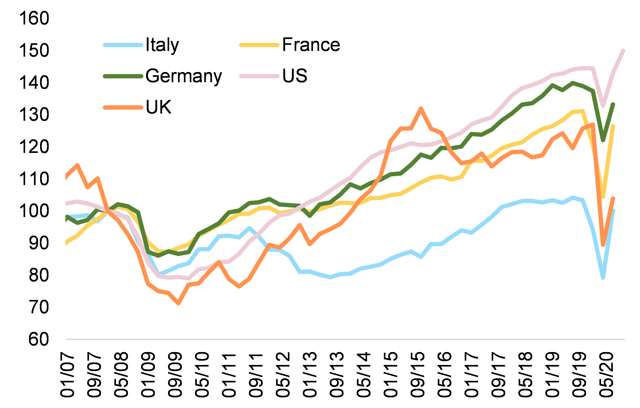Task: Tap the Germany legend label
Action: pos(184,76)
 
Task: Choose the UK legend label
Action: pos(159,107)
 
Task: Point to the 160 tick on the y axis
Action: pos(34,18)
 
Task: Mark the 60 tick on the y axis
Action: pos(39,339)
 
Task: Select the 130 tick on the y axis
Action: pos(34,115)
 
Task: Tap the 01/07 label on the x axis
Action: pos(67,375)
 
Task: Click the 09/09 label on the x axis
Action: pos(175,375)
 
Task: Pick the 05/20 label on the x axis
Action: pos(607,375)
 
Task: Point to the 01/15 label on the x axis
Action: pos(391,375)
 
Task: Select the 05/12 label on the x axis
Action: pos(283,375)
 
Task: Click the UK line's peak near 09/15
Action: pos(421,108)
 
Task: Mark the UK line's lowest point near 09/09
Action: pos(178,303)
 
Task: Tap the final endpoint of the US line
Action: pos(623,51)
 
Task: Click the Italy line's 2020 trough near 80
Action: pos(603,278)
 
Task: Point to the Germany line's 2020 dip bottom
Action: pos(603,140)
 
